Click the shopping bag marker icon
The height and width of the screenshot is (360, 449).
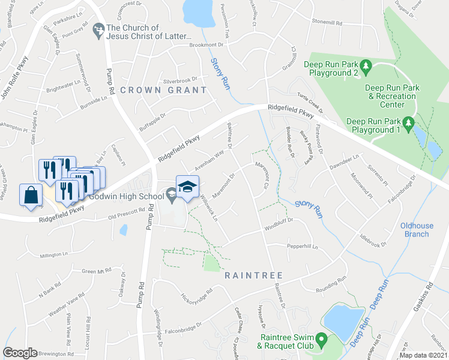[x=30, y=196]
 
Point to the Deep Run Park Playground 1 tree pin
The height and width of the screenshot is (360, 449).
[x=408, y=123]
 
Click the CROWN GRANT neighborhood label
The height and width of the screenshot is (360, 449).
[x=163, y=90]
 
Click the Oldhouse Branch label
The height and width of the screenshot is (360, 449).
[x=417, y=230]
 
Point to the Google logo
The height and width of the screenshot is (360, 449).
[x=20, y=353]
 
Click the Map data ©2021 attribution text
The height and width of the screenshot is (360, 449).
[x=423, y=355]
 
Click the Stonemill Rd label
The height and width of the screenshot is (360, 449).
[x=327, y=22]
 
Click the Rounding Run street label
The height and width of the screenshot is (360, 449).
[x=332, y=280]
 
